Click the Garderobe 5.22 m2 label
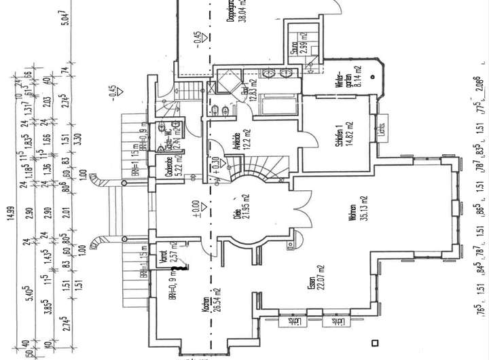[171, 168]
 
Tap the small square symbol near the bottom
[373, 342]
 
